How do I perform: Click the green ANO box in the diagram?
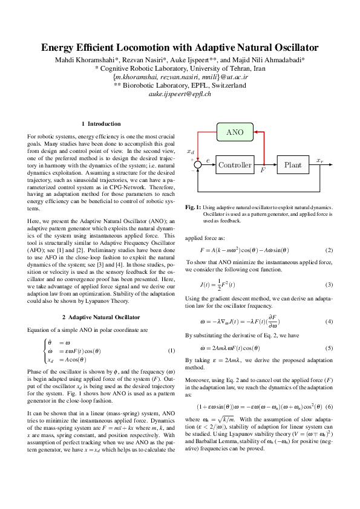235,132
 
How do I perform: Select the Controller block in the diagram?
235,165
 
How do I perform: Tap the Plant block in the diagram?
293,165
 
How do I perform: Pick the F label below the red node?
263,171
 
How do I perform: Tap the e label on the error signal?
208,161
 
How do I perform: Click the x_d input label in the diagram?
191,151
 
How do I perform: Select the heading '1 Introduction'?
101,124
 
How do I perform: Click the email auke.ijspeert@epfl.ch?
180,94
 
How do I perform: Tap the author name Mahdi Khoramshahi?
81,60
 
